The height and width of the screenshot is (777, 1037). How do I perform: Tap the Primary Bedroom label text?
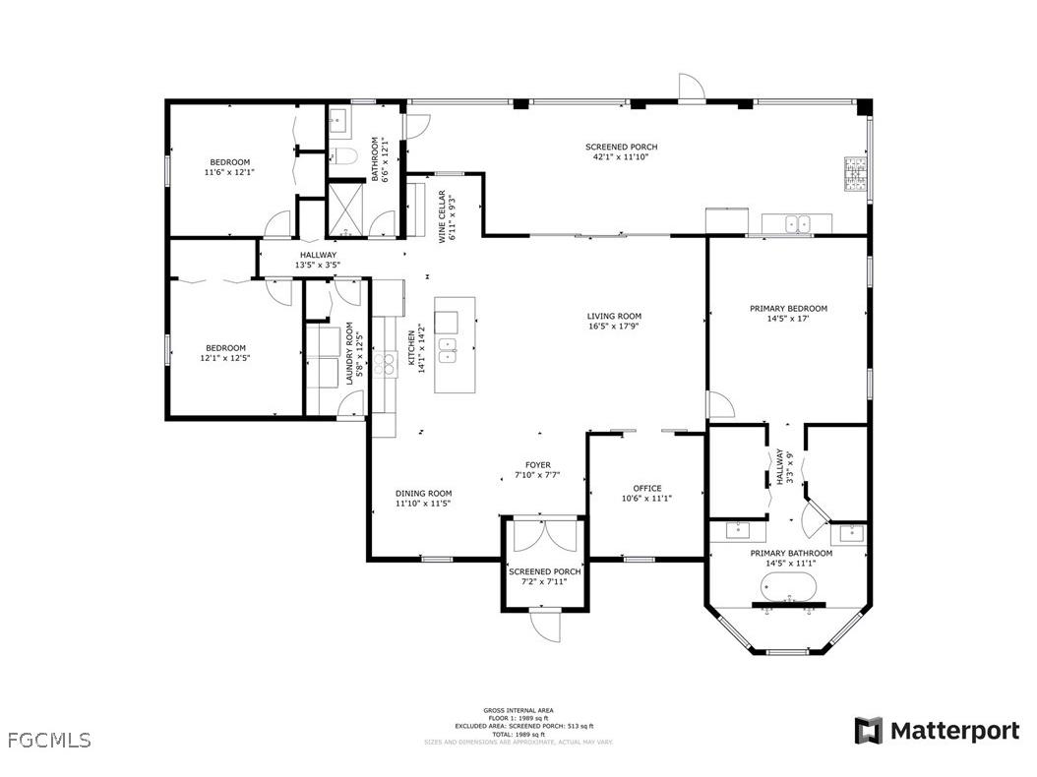coord(788,309)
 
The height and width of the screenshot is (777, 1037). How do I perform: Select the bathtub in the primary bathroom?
coord(787,588)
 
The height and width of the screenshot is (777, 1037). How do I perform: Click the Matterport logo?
coord(937,731)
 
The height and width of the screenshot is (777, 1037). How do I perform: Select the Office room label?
coord(646,489)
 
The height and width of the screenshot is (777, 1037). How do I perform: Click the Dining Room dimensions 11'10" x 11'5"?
coord(423,504)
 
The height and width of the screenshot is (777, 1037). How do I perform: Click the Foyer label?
coord(538,465)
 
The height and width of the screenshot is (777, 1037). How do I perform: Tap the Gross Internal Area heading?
coord(518,710)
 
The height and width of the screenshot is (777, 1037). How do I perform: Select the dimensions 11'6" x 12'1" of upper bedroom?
coord(229,172)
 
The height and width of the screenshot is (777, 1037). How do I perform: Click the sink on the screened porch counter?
coord(797,224)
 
